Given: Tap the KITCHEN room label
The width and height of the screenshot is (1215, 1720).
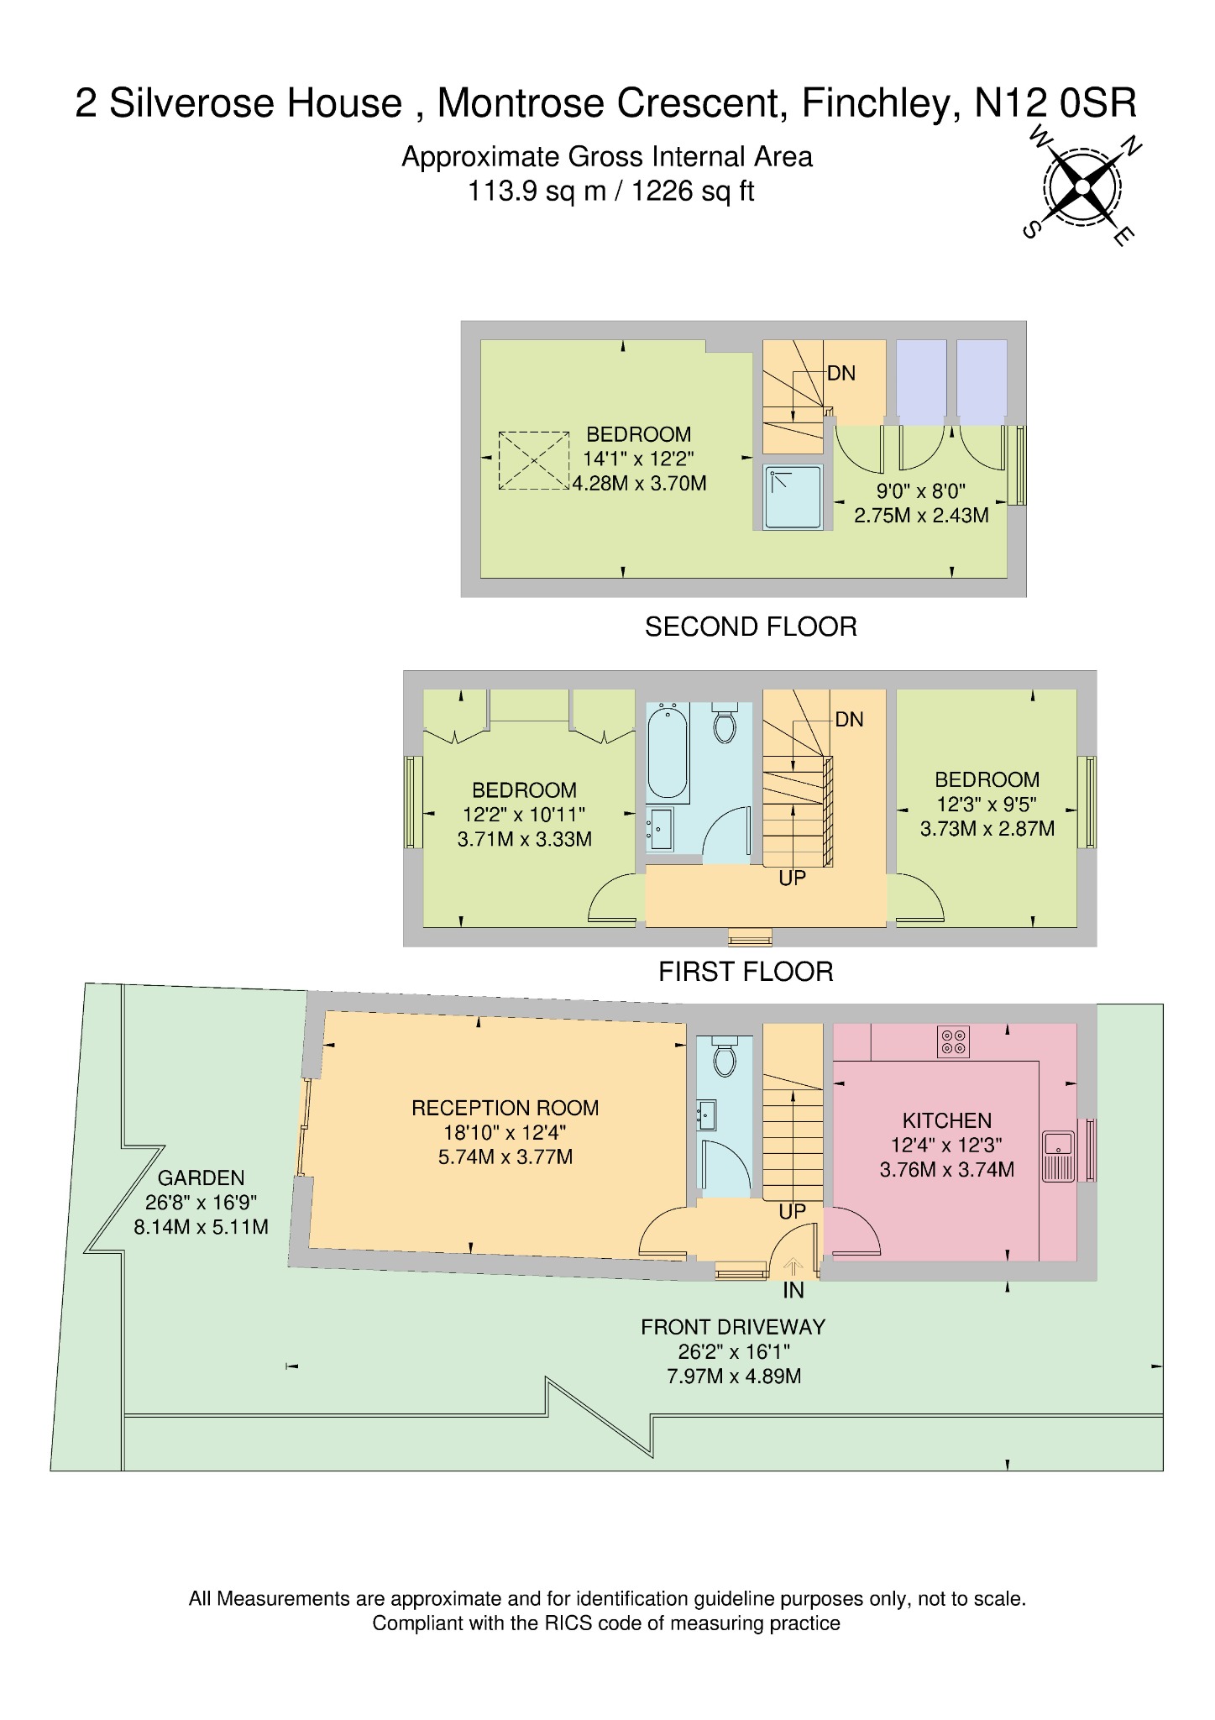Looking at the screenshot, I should click(x=946, y=1120).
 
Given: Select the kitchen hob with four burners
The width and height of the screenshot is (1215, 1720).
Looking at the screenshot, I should click(x=953, y=1042).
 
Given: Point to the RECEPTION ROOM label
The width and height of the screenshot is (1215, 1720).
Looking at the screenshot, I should click(x=505, y=1108).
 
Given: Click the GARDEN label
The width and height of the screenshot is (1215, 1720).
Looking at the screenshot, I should click(x=201, y=1178).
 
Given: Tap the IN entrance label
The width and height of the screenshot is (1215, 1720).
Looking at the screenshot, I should click(x=793, y=1290).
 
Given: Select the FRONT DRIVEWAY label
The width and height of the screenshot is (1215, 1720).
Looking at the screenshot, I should click(x=733, y=1327).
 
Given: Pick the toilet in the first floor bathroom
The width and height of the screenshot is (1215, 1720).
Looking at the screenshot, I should click(x=724, y=723).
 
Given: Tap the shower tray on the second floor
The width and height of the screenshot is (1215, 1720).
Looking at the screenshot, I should click(x=793, y=498).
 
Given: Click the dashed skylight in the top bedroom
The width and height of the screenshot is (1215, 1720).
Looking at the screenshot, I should click(x=533, y=460).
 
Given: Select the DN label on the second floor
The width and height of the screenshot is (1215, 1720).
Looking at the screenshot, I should click(x=841, y=374).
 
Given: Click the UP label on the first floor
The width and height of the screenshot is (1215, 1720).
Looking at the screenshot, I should click(x=792, y=878).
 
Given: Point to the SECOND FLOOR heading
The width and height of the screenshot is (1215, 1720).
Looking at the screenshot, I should click(x=750, y=627).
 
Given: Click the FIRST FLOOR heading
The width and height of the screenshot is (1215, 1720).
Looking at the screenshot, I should click(x=745, y=973).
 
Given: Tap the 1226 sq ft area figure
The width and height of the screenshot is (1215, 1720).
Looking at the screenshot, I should click(x=693, y=191).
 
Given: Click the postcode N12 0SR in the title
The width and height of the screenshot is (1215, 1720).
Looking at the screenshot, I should click(x=1055, y=104).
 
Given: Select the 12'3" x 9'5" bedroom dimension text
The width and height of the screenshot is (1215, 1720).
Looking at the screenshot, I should click(x=987, y=805).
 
